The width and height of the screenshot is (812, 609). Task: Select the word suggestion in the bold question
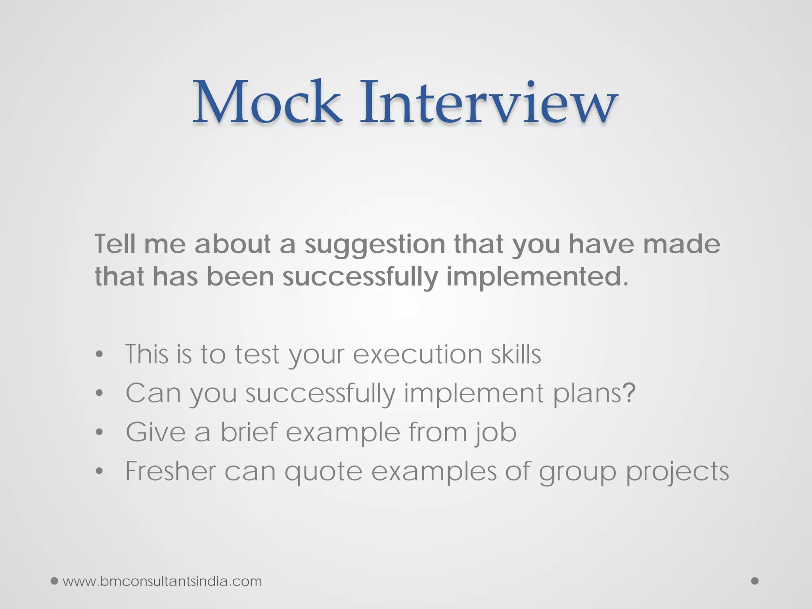375,244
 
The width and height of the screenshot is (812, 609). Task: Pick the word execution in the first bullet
417,354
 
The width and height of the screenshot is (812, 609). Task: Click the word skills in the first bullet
516,354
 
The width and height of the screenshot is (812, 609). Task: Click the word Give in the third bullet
155,432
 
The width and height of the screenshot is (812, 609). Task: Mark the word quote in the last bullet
324,472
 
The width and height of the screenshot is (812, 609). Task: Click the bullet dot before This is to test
99,354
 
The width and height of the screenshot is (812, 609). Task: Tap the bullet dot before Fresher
99,471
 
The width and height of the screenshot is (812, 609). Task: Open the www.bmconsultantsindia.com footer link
162,581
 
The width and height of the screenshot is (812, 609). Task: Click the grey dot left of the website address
55,581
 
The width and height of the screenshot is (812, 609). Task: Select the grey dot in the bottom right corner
755,581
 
